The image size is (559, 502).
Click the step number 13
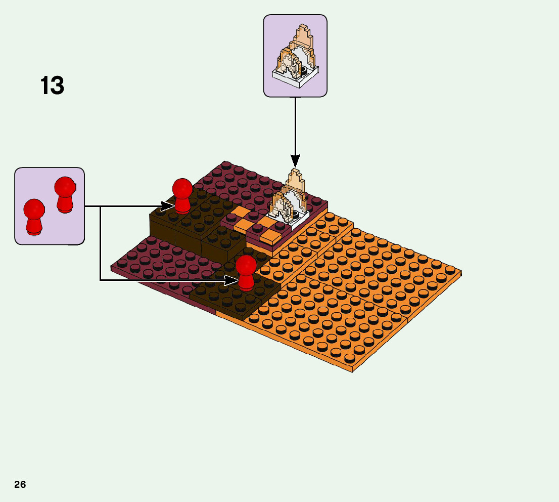click(x=52, y=86)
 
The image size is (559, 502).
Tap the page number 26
click(x=20, y=485)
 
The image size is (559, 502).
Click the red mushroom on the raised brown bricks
click(x=182, y=195)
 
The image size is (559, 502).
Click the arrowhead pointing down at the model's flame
click(x=295, y=161)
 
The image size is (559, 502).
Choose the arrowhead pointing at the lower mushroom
click(x=232, y=279)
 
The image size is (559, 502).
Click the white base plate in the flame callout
click(x=296, y=78)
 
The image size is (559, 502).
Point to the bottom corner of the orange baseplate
click(x=352, y=371)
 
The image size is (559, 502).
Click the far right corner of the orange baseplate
click(x=460, y=273)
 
